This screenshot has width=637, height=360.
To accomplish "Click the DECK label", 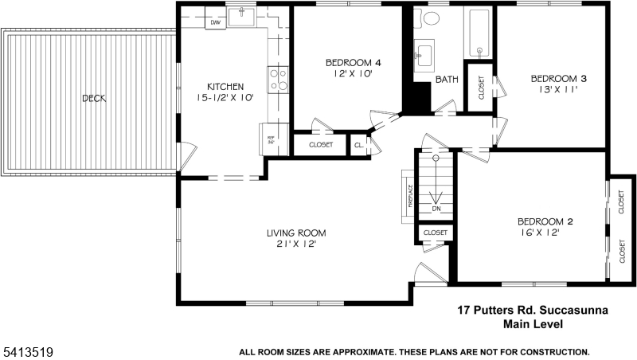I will [x=94, y=99].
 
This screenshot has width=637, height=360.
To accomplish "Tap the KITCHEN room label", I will [x=225, y=87].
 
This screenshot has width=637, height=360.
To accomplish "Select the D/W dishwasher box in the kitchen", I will [x=215, y=23].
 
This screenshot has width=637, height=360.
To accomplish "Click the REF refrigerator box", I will [x=271, y=139].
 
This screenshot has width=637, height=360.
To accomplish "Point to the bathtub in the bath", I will [x=479, y=33].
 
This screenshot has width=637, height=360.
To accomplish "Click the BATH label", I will [x=447, y=79].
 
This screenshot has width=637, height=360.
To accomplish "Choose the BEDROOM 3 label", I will [x=559, y=78].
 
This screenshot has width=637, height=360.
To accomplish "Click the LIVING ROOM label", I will [x=296, y=233].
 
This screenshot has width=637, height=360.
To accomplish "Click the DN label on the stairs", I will [x=436, y=209].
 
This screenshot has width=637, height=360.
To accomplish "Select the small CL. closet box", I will [x=359, y=146].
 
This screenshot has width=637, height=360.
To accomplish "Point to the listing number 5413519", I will [x=24, y=350].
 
